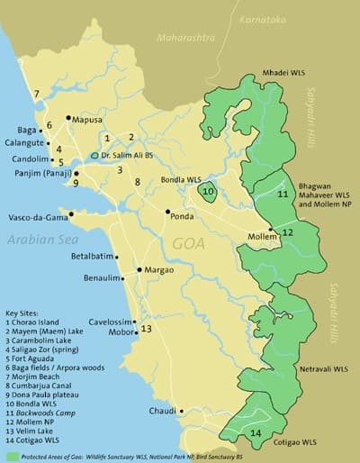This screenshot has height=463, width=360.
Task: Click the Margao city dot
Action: pyautogui.click(x=139, y=269)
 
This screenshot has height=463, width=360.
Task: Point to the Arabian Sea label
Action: pyautogui.click(x=39, y=239)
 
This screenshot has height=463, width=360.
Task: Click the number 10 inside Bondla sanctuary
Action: pyautogui.click(x=208, y=191)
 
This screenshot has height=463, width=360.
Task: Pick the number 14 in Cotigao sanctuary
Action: pyautogui.click(x=256, y=433)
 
